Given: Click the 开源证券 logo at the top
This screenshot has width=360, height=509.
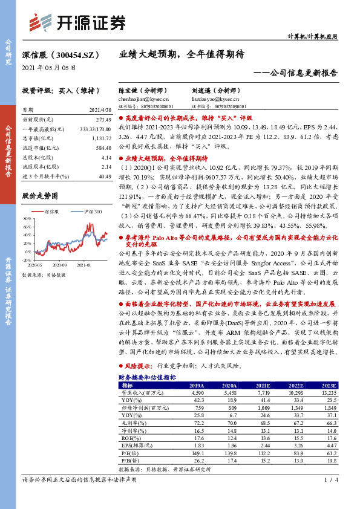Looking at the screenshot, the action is click(x=77, y=22).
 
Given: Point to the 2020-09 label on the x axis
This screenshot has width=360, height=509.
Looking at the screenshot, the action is click(x=59, y=265).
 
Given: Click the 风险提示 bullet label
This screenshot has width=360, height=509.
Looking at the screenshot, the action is click(x=137, y=366).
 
